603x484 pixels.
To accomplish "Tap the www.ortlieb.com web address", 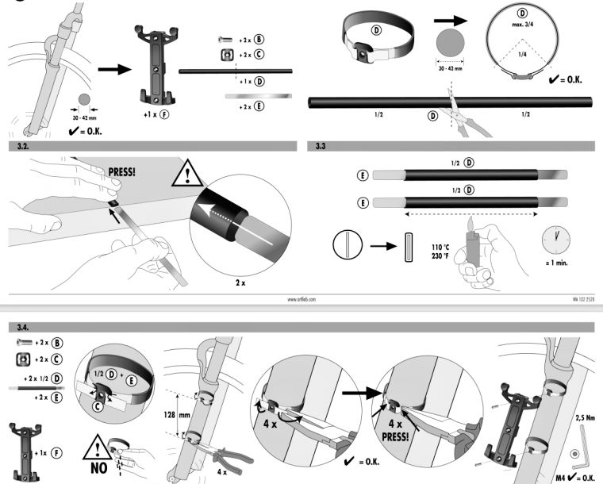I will (301, 299).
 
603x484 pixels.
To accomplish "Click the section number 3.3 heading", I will (320, 147).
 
